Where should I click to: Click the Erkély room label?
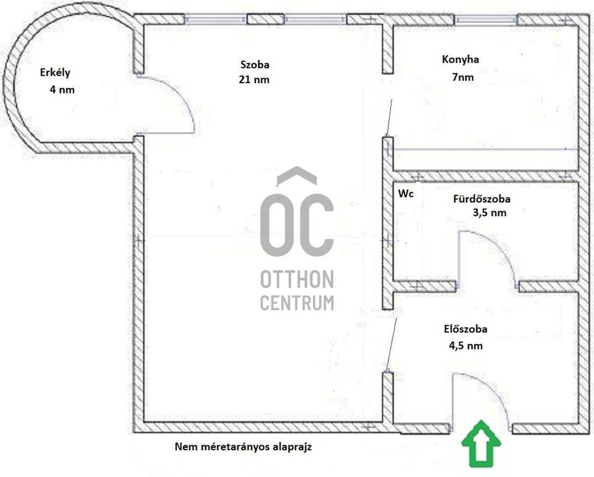point(55,72)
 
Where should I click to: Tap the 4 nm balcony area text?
point(62,89)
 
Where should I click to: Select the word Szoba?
point(255,65)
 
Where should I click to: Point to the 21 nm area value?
point(254,79)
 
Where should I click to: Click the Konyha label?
point(460,60)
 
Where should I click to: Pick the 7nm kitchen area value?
point(462,77)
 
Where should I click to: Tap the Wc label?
point(406,193)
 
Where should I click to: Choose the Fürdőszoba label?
point(482,199)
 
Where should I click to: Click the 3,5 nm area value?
point(490,213)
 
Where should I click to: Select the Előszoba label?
point(465,329)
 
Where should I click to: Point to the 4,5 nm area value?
point(465,345)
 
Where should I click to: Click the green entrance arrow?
point(481,443)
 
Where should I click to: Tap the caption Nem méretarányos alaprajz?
point(243,447)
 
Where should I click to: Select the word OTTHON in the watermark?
point(297,279)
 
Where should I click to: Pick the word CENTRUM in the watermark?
point(297,302)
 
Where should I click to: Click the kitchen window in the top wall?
point(486,20)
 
